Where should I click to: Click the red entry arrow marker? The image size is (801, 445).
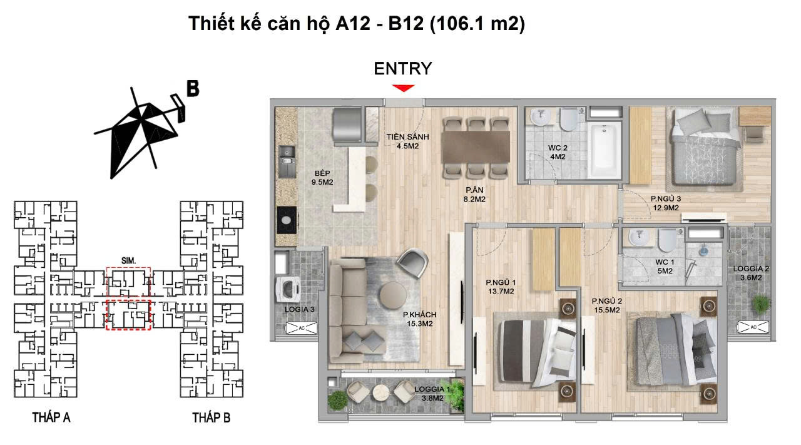point(404,88)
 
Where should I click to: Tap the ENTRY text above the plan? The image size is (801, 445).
point(403,68)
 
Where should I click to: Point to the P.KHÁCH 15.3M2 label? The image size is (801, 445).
point(419,319)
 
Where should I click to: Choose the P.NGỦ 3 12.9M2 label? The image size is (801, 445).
point(665,203)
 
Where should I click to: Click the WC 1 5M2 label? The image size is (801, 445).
point(663,266)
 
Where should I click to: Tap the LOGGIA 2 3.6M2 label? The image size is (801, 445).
point(752,273)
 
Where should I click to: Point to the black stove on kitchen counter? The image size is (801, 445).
point(287,220)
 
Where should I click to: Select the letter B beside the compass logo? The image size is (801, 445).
point(192,88)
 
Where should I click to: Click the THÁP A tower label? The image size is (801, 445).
point(51,417)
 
